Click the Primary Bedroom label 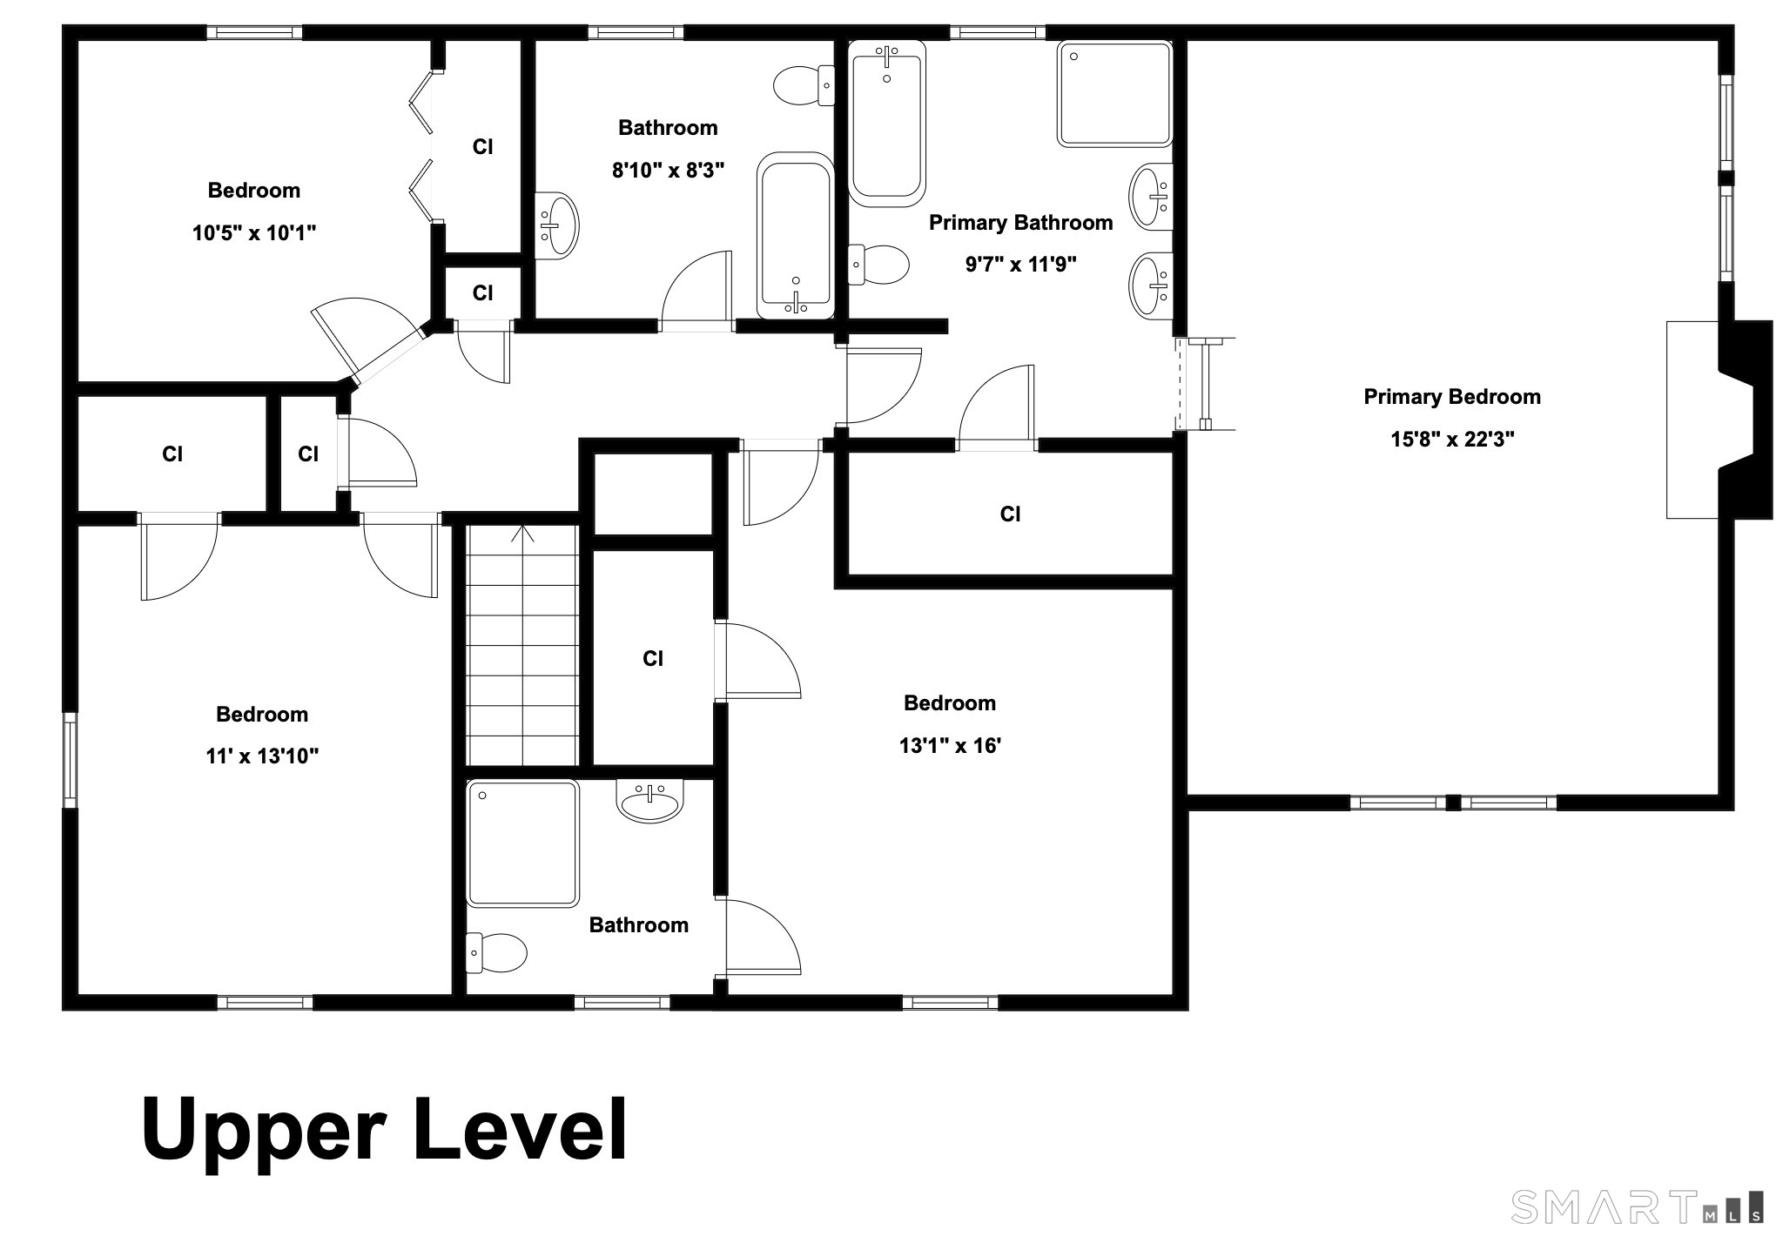pos(1451,397)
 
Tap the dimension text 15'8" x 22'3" pos(1452,439)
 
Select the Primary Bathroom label pos(1020,223)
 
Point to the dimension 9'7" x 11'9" pos(1020,264)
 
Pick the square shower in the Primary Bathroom pos(1115,93)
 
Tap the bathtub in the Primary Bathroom pos(886,124)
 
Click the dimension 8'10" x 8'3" pos(668,170)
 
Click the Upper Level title pos(384,1131)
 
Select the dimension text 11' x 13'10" pos(262,756)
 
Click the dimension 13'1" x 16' pos(950,745)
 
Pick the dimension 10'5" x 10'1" pos(254,232)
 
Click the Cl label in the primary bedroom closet pos(1010,514)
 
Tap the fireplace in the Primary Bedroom pos(1719,420)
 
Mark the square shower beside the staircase pos(522,843)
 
